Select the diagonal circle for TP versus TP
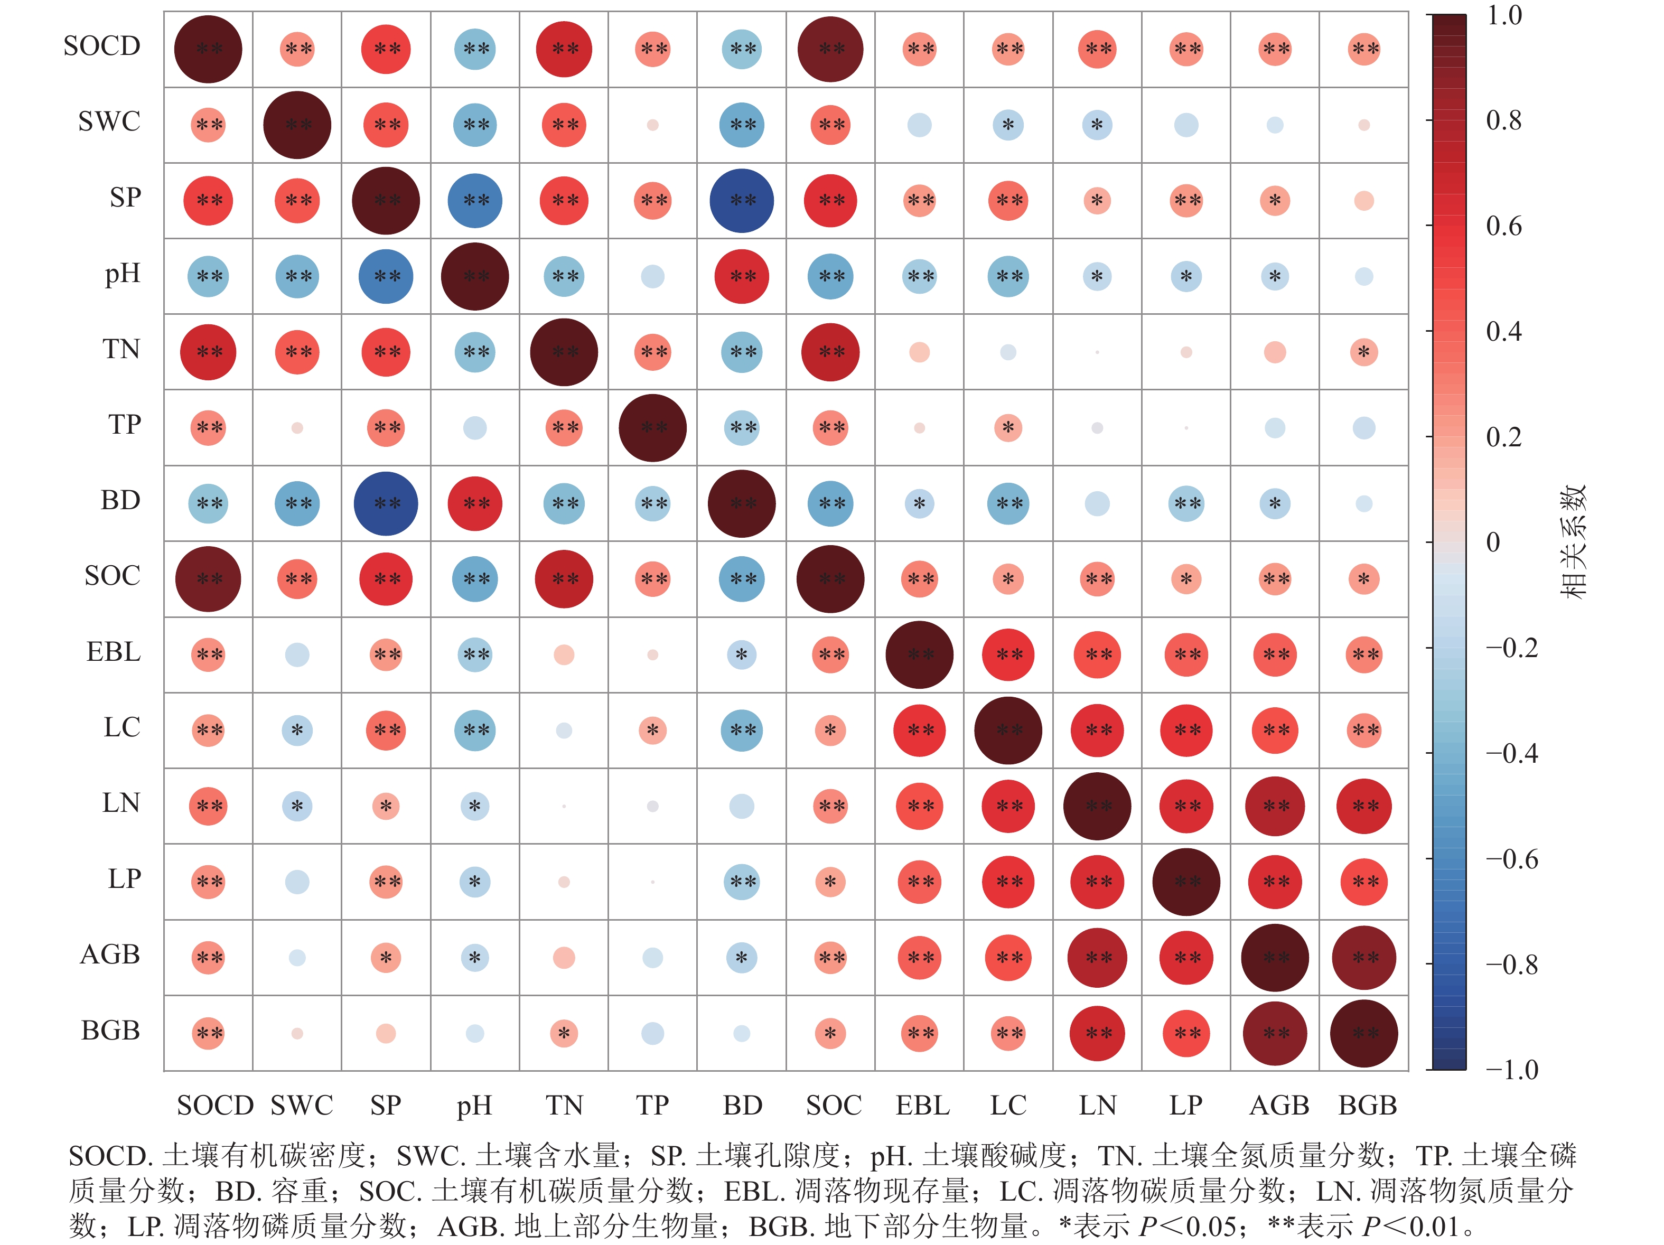pyautogui.click(x=652, y=427)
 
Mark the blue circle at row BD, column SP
pyautogui.click(x=386, y=503)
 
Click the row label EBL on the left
pyautogui.click(x=114, y=651)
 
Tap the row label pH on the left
pyautogui.click(x=123, y=273)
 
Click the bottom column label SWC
pyautogui.click(x=302, y=1105)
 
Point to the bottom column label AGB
pyautogui.click(x=1279, y=1105)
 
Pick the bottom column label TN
pyautogui.click(x=564, y=1105)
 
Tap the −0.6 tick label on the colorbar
pyautogui.click(x=1512, y=859)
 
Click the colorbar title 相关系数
pyautogui.click(x=1572, y=541)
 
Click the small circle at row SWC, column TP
pyautogui.click(x=652, y=125)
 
